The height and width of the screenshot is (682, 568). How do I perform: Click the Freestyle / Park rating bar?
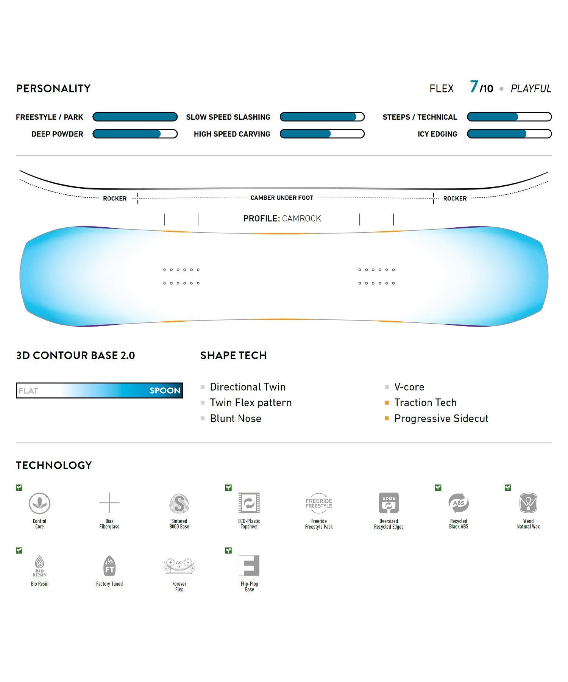pos(135,117)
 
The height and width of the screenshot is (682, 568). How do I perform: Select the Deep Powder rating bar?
pos(135,134)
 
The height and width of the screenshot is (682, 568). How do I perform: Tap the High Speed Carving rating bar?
pos(322,134)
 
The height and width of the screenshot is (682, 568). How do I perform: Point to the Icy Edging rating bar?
pos(509,134)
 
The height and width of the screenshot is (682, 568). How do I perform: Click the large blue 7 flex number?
pos(474,87)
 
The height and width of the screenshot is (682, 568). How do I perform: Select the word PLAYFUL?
pos(531,89)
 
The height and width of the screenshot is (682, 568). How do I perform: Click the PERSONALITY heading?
pos(53,89)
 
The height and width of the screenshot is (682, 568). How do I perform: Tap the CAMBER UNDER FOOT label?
pos(282,198)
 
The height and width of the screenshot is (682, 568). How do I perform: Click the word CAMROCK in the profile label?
pos(301,219)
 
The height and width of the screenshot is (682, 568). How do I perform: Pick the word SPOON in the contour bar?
pos(165,391)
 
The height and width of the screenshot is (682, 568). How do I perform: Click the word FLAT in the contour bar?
pos(28,391)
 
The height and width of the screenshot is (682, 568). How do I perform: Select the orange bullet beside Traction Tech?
pos(387,403)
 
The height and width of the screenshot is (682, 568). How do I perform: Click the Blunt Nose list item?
pos(236,419)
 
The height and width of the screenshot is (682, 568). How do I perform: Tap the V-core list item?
pos(409,387)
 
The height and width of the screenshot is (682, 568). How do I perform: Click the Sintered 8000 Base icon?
pos(179,503)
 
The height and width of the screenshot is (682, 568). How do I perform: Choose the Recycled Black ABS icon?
pos(459,503)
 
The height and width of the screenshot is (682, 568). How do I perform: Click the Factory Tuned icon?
pos(109,566)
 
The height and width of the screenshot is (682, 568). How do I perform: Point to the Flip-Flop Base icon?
pos(249,566)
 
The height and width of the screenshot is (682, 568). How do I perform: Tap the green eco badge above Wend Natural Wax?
pos(508,488)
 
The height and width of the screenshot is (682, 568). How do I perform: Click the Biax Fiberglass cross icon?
pos(109,503)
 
